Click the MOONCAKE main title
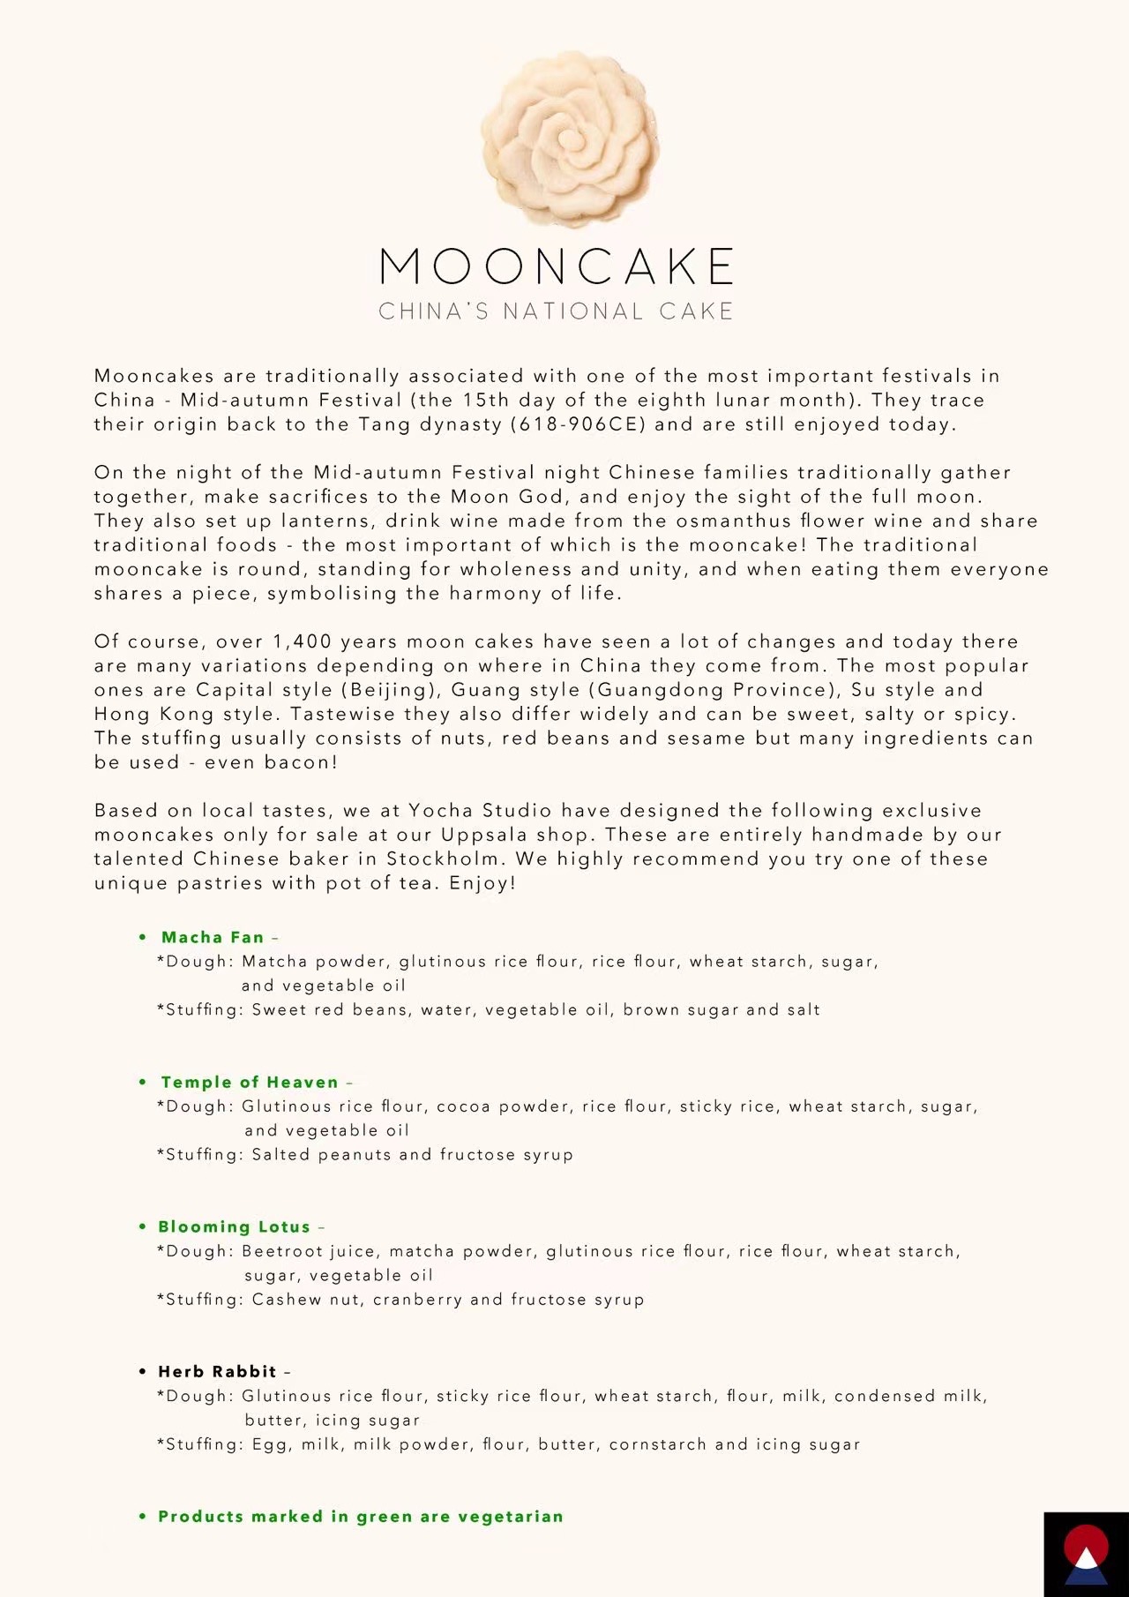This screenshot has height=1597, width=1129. point(557,266)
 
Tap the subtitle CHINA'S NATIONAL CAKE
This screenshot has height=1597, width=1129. point(557,311)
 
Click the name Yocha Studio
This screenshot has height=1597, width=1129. point(480,810)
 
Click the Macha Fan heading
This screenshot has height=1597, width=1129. point(213,937)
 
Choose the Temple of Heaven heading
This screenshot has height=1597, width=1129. point(250,1082)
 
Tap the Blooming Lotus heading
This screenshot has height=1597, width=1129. point(234,1226)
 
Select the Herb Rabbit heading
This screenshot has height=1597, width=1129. point(217,1371)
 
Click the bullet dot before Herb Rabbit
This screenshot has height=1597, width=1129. point(143,1371)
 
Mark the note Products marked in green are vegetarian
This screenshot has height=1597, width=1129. point(360,1516)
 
